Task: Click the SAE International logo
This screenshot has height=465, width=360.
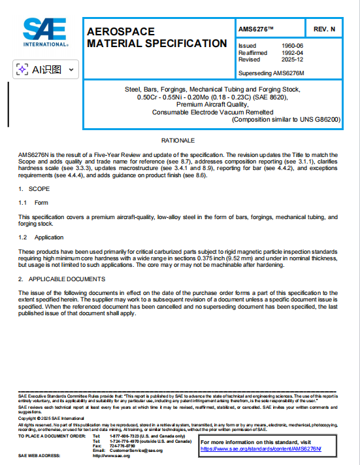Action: (44, 32)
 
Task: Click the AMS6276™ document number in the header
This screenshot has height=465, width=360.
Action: (257, 29)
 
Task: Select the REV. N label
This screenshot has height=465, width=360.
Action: (324, 29)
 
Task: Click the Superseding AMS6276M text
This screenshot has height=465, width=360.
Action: (272, 72)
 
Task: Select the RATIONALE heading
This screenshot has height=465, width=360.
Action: (178, 141)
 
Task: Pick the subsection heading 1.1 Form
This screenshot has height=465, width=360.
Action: (33, 203)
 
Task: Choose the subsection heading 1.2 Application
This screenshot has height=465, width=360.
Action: (41, 237)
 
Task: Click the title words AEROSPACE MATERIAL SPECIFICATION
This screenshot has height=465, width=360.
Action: (157, 37)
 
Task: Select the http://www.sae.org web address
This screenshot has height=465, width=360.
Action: (112, 456)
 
